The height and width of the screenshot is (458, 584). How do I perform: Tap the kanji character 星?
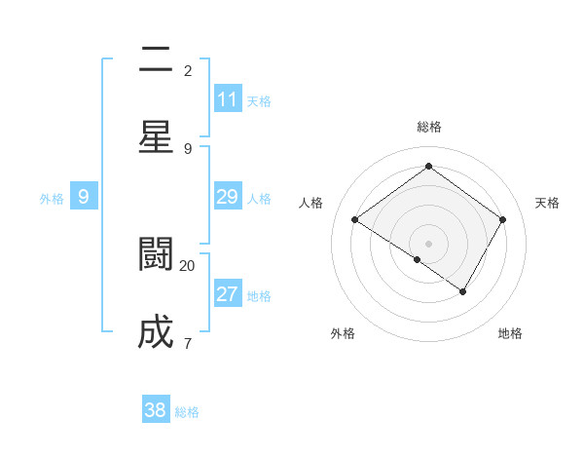pyautogui.click(x=156, y=136)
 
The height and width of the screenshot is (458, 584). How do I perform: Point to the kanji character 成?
pyautogui.click(x=156, y=332)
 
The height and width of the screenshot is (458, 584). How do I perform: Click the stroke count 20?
pyautogui.click(x=188, y=265)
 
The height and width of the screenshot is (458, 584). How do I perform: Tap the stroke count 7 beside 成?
pyautogui.click(x=188, y=343)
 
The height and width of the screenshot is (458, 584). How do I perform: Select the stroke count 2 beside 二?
pyautogui.click(x=188, y=71)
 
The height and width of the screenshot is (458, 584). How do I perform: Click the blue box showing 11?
pyautogui.click(x=228, y=99)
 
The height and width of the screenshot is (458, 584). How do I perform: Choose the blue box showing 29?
pyautogui.click(x=228, y=197)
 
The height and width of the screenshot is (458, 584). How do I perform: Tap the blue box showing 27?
pyautogui.click(x=228, y=294)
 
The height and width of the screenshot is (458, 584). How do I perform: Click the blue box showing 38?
pyautogui.click(x=156, y=410)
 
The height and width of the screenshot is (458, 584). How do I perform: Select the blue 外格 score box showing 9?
pyautogui.click(x=84, y=197)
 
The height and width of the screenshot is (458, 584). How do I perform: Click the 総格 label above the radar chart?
pyautogui.click(x=428, y=127)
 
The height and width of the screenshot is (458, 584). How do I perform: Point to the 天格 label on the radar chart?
pyautogui.click(x=547, y=203)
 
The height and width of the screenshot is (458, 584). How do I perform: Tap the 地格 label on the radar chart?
pyautogui.click(x=510, y=333)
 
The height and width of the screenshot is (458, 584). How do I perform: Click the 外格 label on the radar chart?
pyautogui.click(x=343, y=333)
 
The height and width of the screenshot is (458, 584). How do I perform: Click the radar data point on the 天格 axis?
pyautogui.click(x=502, y=220)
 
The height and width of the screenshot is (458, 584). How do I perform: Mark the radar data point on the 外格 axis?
pyautogui.click(x=417, y=259)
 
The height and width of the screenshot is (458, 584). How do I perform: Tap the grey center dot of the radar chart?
pyautogui.click(x=428, y=243)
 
